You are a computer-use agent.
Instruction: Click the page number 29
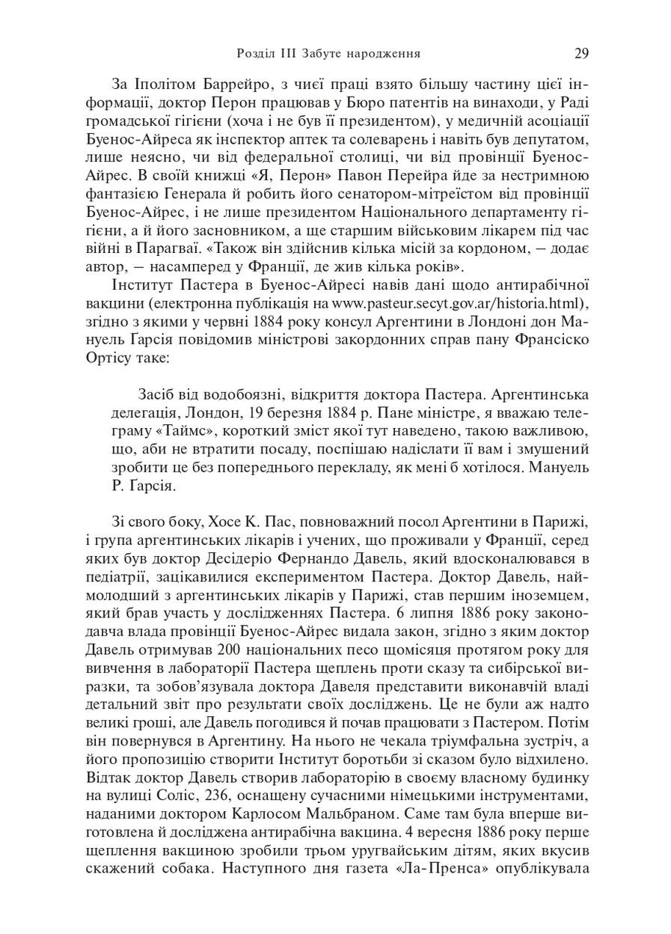[x=581, y=53]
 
